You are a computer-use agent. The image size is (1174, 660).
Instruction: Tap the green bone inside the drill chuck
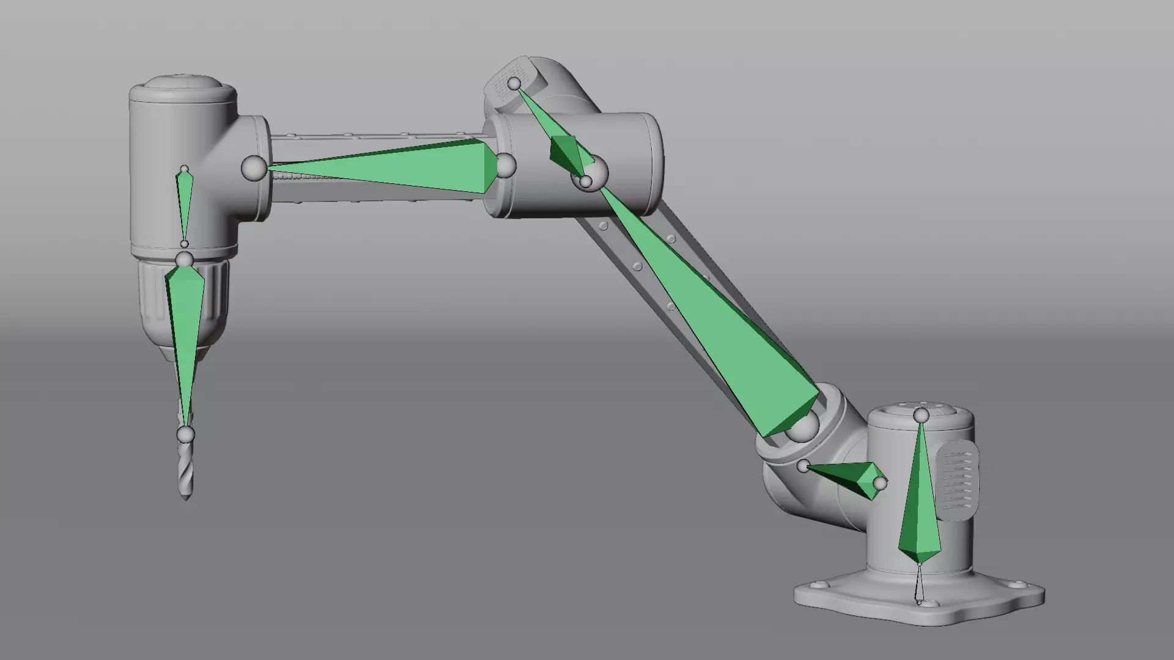click(185, 318)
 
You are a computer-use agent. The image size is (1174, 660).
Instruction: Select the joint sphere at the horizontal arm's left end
click(254, 168)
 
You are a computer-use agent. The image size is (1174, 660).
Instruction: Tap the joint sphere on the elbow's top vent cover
click(515, 83)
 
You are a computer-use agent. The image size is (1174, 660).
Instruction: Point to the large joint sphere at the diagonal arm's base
click(802, 427)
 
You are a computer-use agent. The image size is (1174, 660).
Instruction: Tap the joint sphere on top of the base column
click(921, 416)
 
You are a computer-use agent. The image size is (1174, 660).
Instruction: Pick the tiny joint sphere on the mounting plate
click(919, 601)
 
